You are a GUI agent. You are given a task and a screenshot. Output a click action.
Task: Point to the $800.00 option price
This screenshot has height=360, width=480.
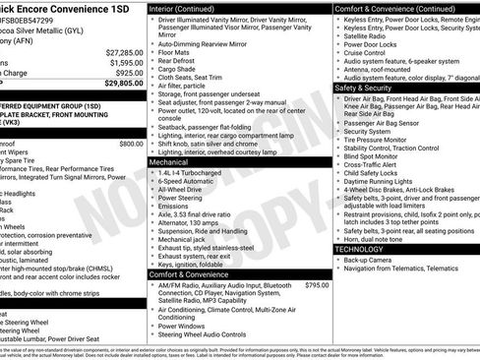pos(131,143)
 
